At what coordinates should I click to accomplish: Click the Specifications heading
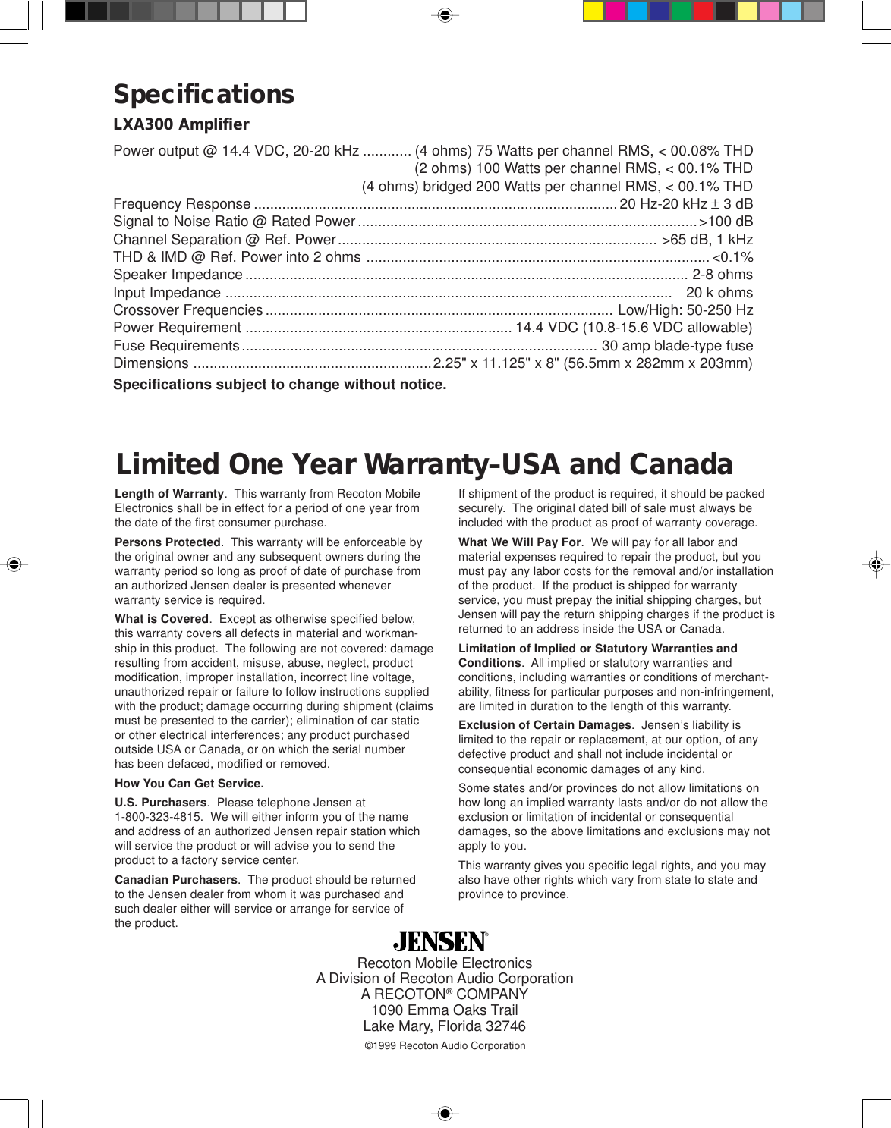click(203, 94)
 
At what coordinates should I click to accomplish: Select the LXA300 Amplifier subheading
click(181, 124)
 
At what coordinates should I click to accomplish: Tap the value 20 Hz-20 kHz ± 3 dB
click(686, 204)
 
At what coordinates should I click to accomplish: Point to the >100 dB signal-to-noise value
click(726, 222)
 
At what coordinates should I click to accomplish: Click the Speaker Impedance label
click(178, 275)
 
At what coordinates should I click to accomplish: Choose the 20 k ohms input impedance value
click(719, 293)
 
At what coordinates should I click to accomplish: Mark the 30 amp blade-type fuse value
click(677, 346)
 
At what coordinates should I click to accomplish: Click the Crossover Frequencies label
click(187, 310)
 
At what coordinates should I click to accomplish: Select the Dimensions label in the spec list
click(150, 363)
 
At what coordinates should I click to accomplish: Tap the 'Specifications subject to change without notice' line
click(279, 385)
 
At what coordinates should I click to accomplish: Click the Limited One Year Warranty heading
click(423, 464)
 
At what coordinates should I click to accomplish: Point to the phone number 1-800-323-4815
click(158, 817)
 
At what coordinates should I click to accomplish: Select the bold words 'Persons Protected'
click(167, 542)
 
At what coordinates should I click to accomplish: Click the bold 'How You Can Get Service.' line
click(189, 784)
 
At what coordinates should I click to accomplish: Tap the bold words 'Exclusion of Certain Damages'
click(544, 725)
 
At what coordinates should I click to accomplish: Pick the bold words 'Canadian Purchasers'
click(175, 880)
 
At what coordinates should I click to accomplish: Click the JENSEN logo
click(440, 941)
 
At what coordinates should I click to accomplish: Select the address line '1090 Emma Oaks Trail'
click(444, 1010)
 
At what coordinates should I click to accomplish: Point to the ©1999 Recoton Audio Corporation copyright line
click(445, 1046)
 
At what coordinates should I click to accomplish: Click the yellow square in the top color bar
click(593, 11)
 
